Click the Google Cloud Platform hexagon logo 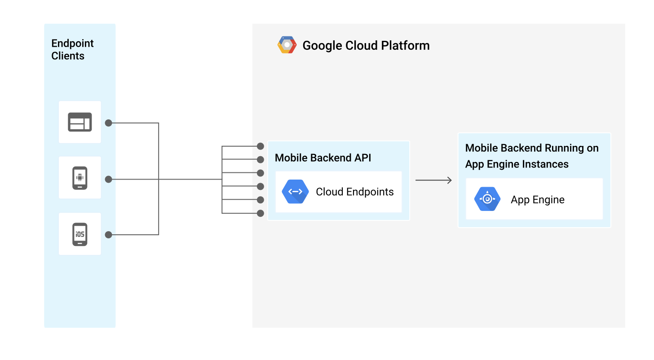tap(287, 45)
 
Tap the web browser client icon tap(80, 122)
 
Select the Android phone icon tap(80, 178)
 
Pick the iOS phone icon tap(80, 234)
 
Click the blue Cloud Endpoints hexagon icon tap(295, 192)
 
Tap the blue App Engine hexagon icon tap(487, 199)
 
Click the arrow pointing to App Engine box tap(433, 180)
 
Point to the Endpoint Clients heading tap(72, 49)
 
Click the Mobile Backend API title tap(323, 158)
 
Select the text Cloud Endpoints tap(354, 192)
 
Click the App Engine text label tap(537, 200)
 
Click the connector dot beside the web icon tap(108, 123)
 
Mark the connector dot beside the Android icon tap(108, 180)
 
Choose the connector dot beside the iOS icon tap(108, 235)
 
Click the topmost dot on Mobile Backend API tap(261, 146)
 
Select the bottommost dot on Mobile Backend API tap(261, 213)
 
